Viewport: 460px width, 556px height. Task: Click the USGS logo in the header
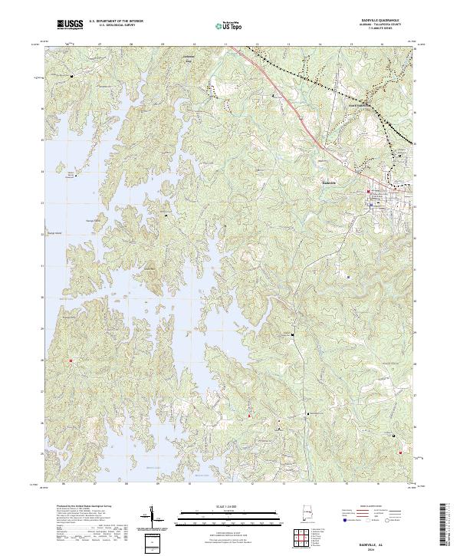[x=70, y=25]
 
